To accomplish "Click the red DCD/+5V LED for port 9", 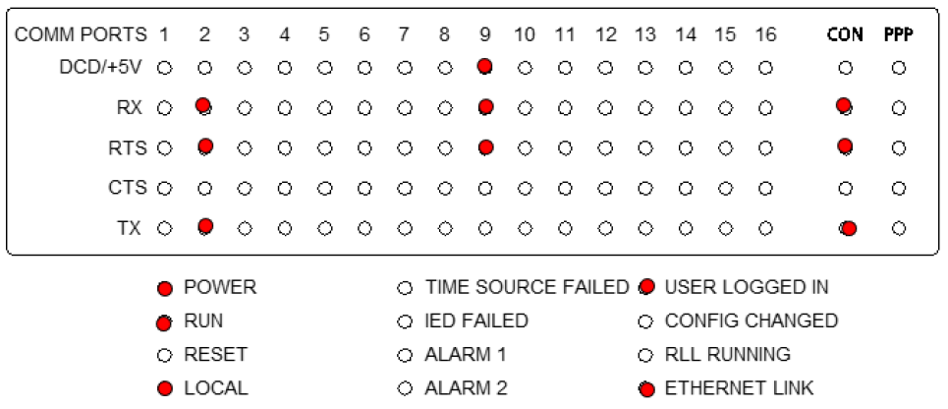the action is point(483,66).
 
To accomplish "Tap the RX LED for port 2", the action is point(204,106).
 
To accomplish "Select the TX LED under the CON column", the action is point(848,228).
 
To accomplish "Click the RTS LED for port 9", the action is point(484,147).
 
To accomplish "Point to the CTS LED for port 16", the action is point(765,188).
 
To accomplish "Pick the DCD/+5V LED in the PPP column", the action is point(899,68).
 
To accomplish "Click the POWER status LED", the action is point(164,289).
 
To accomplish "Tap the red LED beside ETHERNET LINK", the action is point(647,389).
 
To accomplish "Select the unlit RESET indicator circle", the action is point(164,356).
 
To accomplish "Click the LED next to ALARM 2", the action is point(405,388).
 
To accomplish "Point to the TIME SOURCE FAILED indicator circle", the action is point(405,288).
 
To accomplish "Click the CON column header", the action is point(845,35).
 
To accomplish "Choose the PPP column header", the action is point(899,35).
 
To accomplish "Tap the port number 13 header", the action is point(645,35).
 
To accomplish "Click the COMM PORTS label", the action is point(81,35).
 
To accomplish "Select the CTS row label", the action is point(126,188).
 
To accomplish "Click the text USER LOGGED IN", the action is point(747,287).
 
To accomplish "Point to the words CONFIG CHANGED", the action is point(752,321).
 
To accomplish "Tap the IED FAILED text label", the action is point(476,321).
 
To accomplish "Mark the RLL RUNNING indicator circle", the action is point(645,356).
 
